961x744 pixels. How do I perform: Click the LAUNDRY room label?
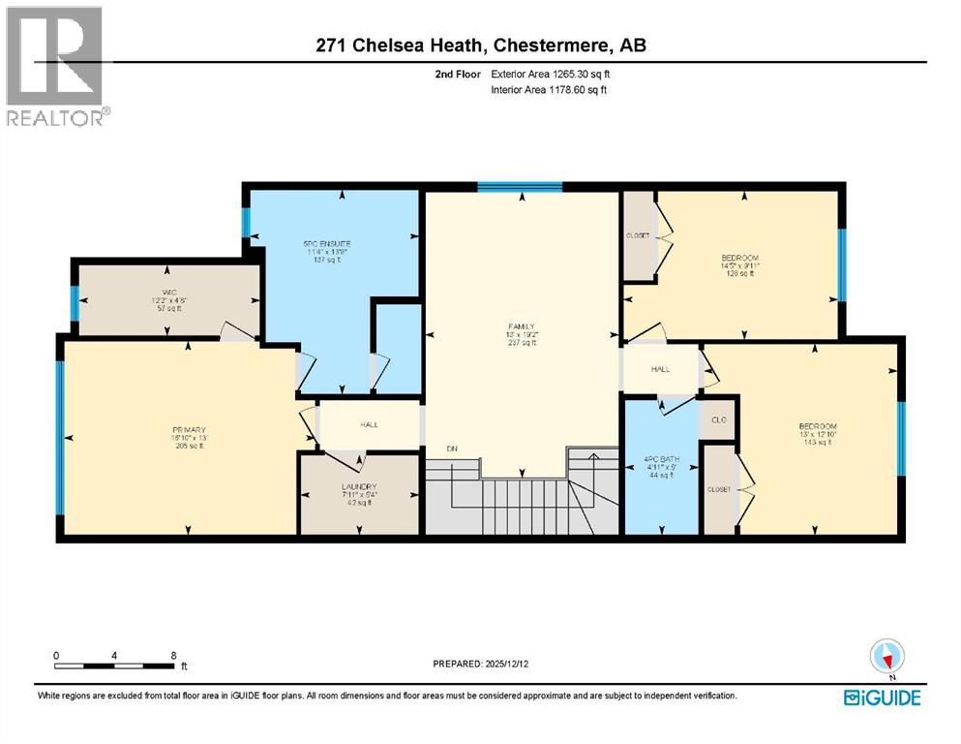click(359, 486)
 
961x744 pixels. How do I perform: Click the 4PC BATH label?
click(661, 456)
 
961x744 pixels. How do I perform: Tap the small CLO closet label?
click(719, 420)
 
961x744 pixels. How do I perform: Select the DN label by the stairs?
click(451, 449)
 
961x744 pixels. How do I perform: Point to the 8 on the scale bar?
click(172, 656)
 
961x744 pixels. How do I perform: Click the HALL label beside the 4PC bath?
click(660, 369)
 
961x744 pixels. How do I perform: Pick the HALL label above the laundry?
click(370, 424)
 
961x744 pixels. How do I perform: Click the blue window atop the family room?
click(521, 186)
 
